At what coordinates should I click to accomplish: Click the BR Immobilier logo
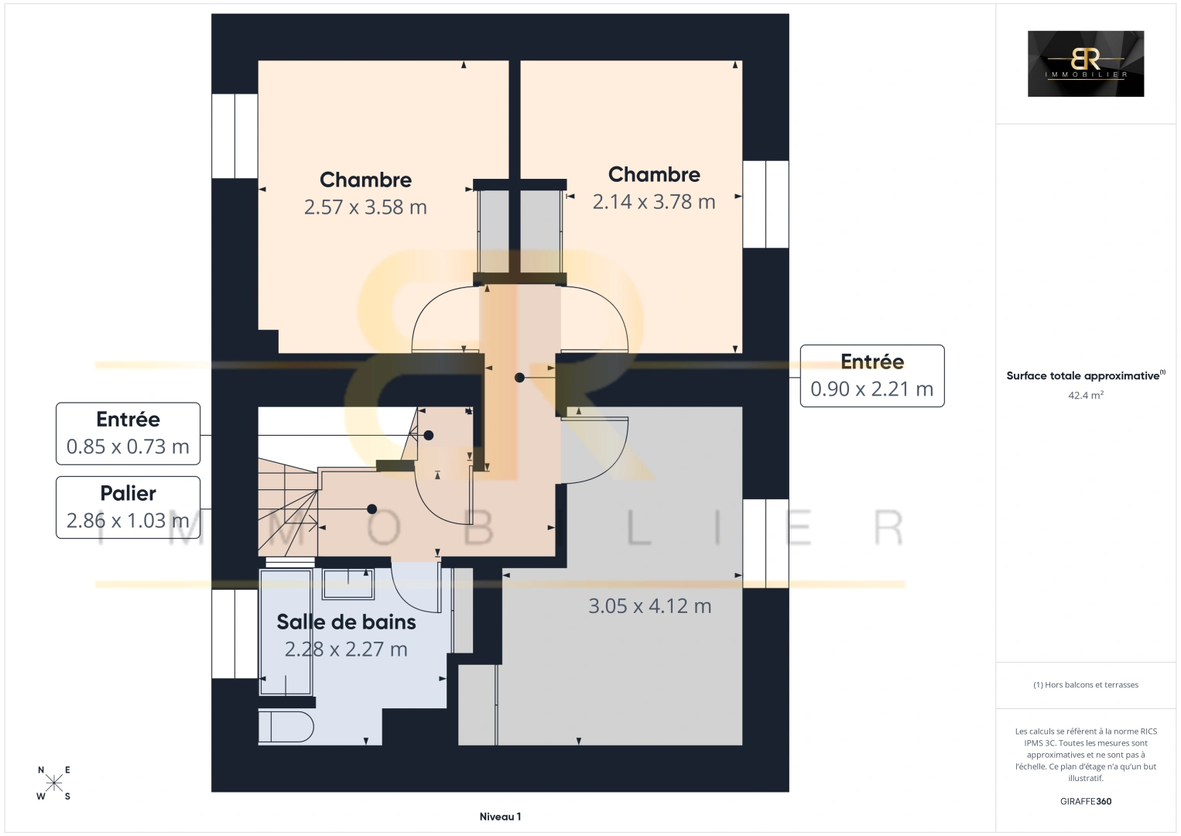click(x=1086, y=63)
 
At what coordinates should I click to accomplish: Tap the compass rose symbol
click(x=53, y=783)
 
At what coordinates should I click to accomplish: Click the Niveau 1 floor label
click(x=500, y=817)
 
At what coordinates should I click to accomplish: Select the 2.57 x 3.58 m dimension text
click(x=365, y=207)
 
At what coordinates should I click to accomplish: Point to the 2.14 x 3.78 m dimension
click(x=654, y=202)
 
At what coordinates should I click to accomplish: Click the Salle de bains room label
click(x=347, y=622)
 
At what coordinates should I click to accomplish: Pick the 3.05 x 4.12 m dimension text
click(x=649, y=606)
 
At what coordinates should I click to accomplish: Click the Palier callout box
click(x=128, y=507)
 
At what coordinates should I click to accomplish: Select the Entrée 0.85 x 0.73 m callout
click(x=128, y=433)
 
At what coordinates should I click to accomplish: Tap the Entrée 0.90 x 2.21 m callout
click(x=872, y=376)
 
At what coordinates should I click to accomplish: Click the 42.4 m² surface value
click(x=1086, y=395)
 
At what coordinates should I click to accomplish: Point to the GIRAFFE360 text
click(x=1086, y=801)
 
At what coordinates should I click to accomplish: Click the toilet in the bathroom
click(x=286, y=728)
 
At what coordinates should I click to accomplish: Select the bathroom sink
click(x=348, y=584)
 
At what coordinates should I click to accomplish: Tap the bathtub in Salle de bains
click(x=286, y=632)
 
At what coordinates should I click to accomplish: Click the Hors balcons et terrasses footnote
click(x=1086, y=684)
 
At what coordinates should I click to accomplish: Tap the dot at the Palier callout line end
click(x=371, y=509)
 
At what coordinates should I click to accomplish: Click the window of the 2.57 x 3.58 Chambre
click(x=234, y=136)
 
